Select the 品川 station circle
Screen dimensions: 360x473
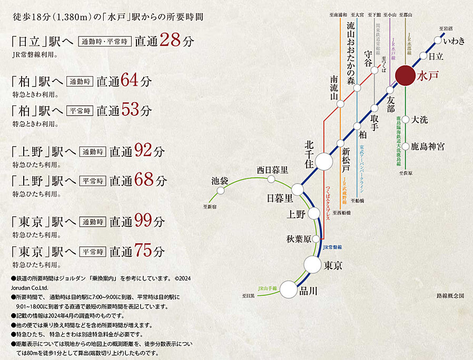point(289,288)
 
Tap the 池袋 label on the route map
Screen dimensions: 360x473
point(219,181)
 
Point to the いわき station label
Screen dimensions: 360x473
point(454,41)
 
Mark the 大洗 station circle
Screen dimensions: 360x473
point(406,119)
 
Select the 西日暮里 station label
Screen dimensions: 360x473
point(272,169)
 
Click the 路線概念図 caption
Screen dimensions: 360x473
point(450,296)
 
